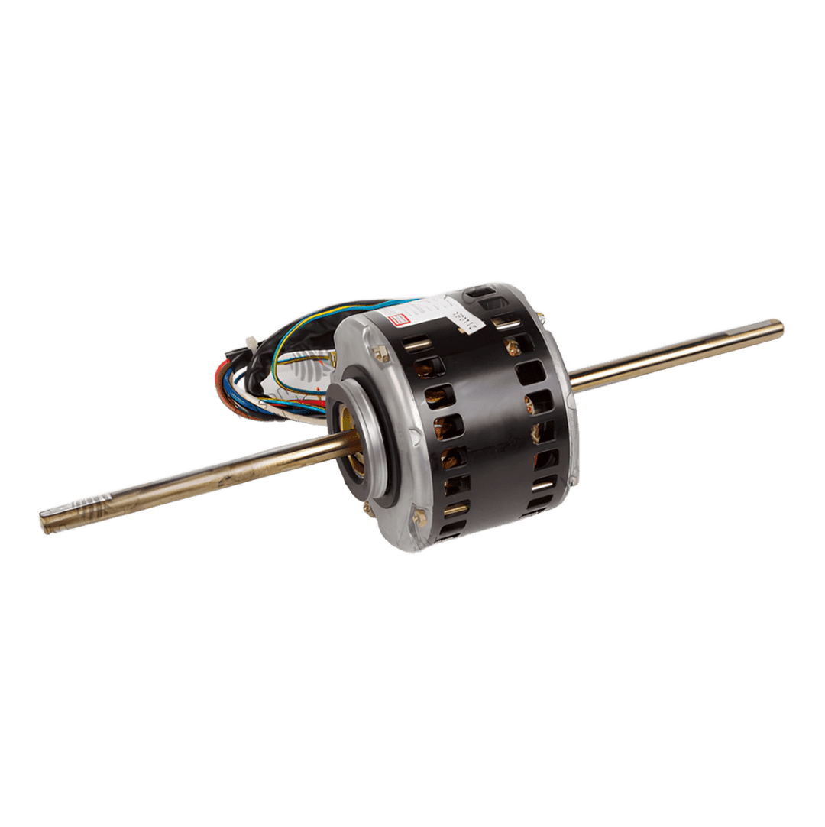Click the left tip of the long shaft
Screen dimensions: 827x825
tap(44, 522)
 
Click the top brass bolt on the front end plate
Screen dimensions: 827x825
tap(380, 354)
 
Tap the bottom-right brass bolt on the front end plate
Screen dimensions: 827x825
tap(418, 519)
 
